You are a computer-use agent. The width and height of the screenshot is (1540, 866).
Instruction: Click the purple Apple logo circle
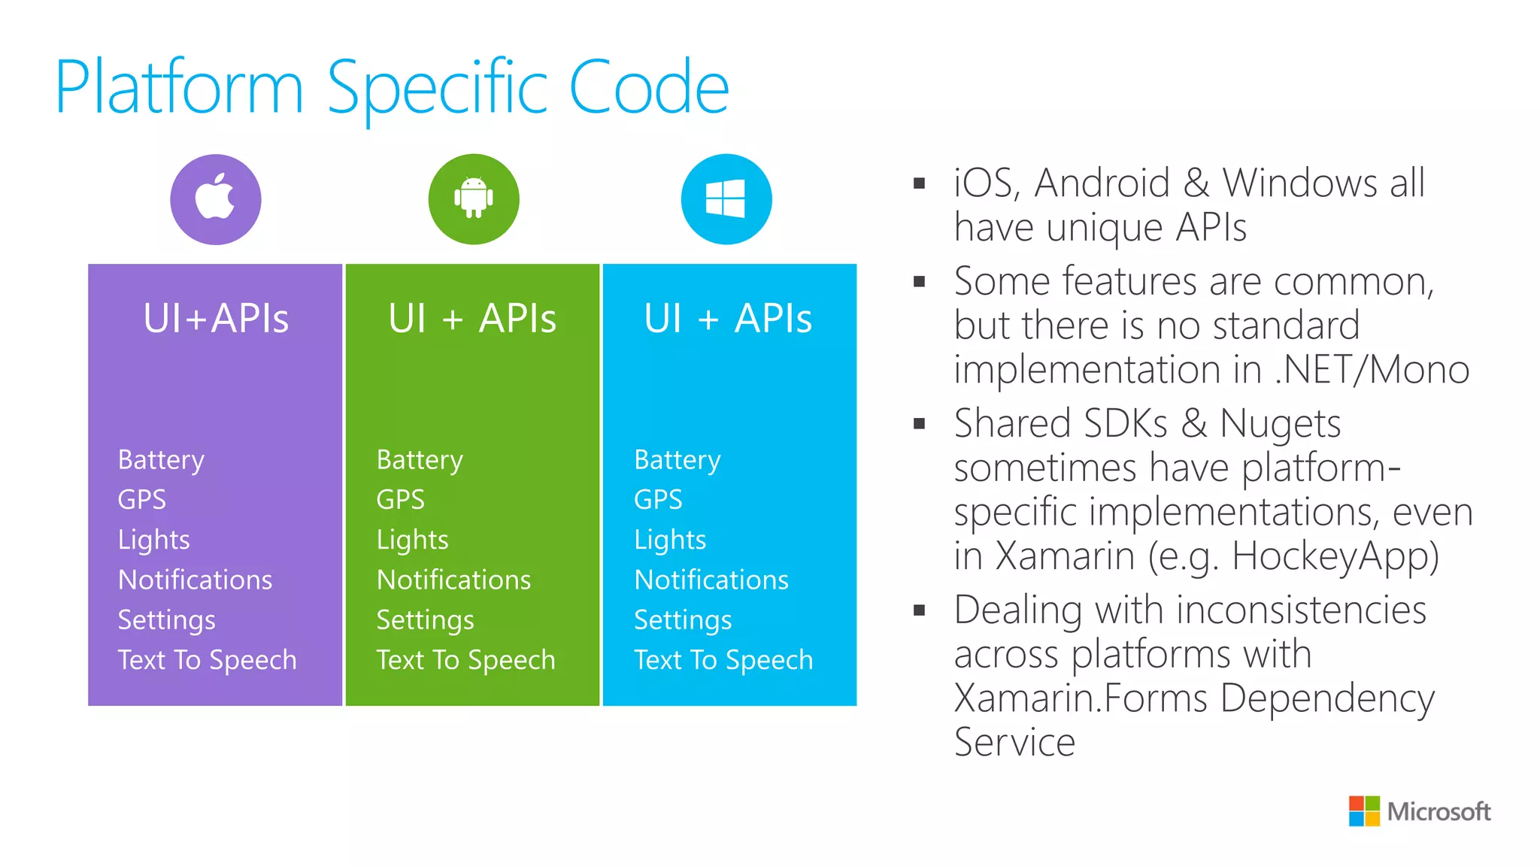[x=216, y=199]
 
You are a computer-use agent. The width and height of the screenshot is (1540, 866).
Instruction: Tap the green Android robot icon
[x=474, y=199]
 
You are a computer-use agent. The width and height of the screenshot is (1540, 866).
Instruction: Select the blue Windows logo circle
[x=726, y=199]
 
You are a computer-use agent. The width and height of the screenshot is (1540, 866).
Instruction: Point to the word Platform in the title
[x=179, y=88]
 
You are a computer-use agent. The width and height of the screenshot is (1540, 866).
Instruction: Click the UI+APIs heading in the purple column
[x=216, y=318]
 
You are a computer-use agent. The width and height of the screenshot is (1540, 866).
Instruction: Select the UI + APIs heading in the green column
[x=472, y=318]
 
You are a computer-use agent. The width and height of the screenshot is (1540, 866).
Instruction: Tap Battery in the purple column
[x=161, y=459]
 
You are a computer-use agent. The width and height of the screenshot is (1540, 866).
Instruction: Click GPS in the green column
[x=400, y=499]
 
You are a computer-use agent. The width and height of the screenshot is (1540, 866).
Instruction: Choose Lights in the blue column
[x=670, y=540]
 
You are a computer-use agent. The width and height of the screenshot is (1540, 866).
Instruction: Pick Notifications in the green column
[x=453, y=580]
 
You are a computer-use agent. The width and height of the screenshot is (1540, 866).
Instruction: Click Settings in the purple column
[x=166, y=620]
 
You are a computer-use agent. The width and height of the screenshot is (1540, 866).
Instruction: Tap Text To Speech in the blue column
[x=723, y=660]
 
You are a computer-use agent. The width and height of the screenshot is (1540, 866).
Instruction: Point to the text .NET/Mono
[x=1372, y=370]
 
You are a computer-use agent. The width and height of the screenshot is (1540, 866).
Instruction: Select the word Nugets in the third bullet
[x=1280, y=423]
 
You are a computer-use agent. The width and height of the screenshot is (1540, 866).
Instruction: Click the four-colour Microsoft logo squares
[x=1364, y=811]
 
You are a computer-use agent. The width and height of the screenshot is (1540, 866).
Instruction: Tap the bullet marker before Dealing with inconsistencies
[x=919, y=610]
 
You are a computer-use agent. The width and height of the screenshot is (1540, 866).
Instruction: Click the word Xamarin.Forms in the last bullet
[x=1081, y=698]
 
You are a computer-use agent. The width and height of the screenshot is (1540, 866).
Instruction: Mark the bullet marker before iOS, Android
[x=919, y=183]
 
